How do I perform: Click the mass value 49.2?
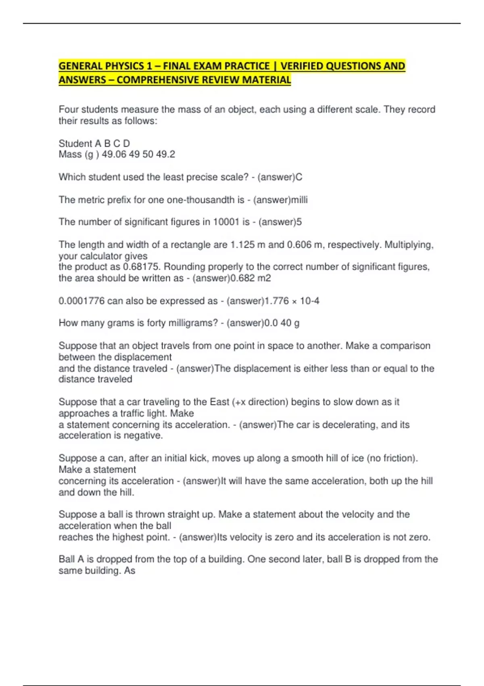tap(165, 154)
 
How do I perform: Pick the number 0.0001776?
tap(81, 301)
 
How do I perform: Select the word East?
tap(219, 402)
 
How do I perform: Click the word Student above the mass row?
tap(75, 143)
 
